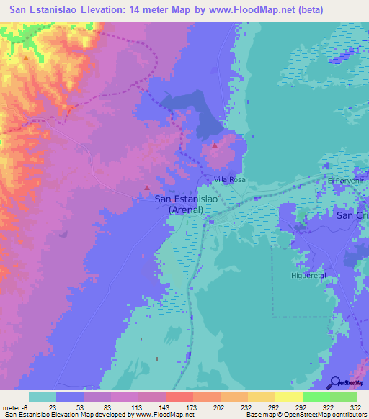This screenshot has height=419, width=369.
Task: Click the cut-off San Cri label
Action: pos(352,215)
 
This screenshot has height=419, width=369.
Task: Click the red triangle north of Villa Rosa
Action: pos(215,145)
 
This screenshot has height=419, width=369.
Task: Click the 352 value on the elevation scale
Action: pos(355,407)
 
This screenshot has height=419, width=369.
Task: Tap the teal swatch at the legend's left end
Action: pos(43,397)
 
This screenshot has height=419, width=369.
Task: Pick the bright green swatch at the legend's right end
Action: pos(343,397)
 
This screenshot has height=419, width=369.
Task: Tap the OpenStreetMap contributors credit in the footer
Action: pos(318,415)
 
